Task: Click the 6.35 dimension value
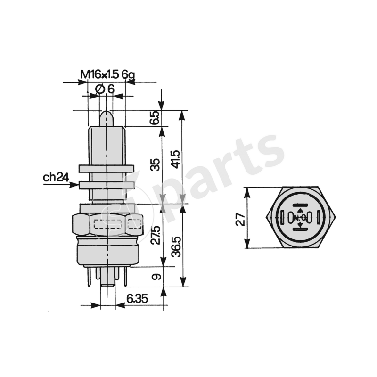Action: [138, 298]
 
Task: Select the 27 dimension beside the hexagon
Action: [240, 218]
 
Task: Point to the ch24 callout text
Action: [56, 178]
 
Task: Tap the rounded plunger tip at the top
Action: [107, 115]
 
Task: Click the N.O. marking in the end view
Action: [301, 218]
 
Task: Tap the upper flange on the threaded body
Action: [107, 168]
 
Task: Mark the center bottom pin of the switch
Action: [107, 280]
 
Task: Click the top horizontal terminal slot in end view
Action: [301, 206]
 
